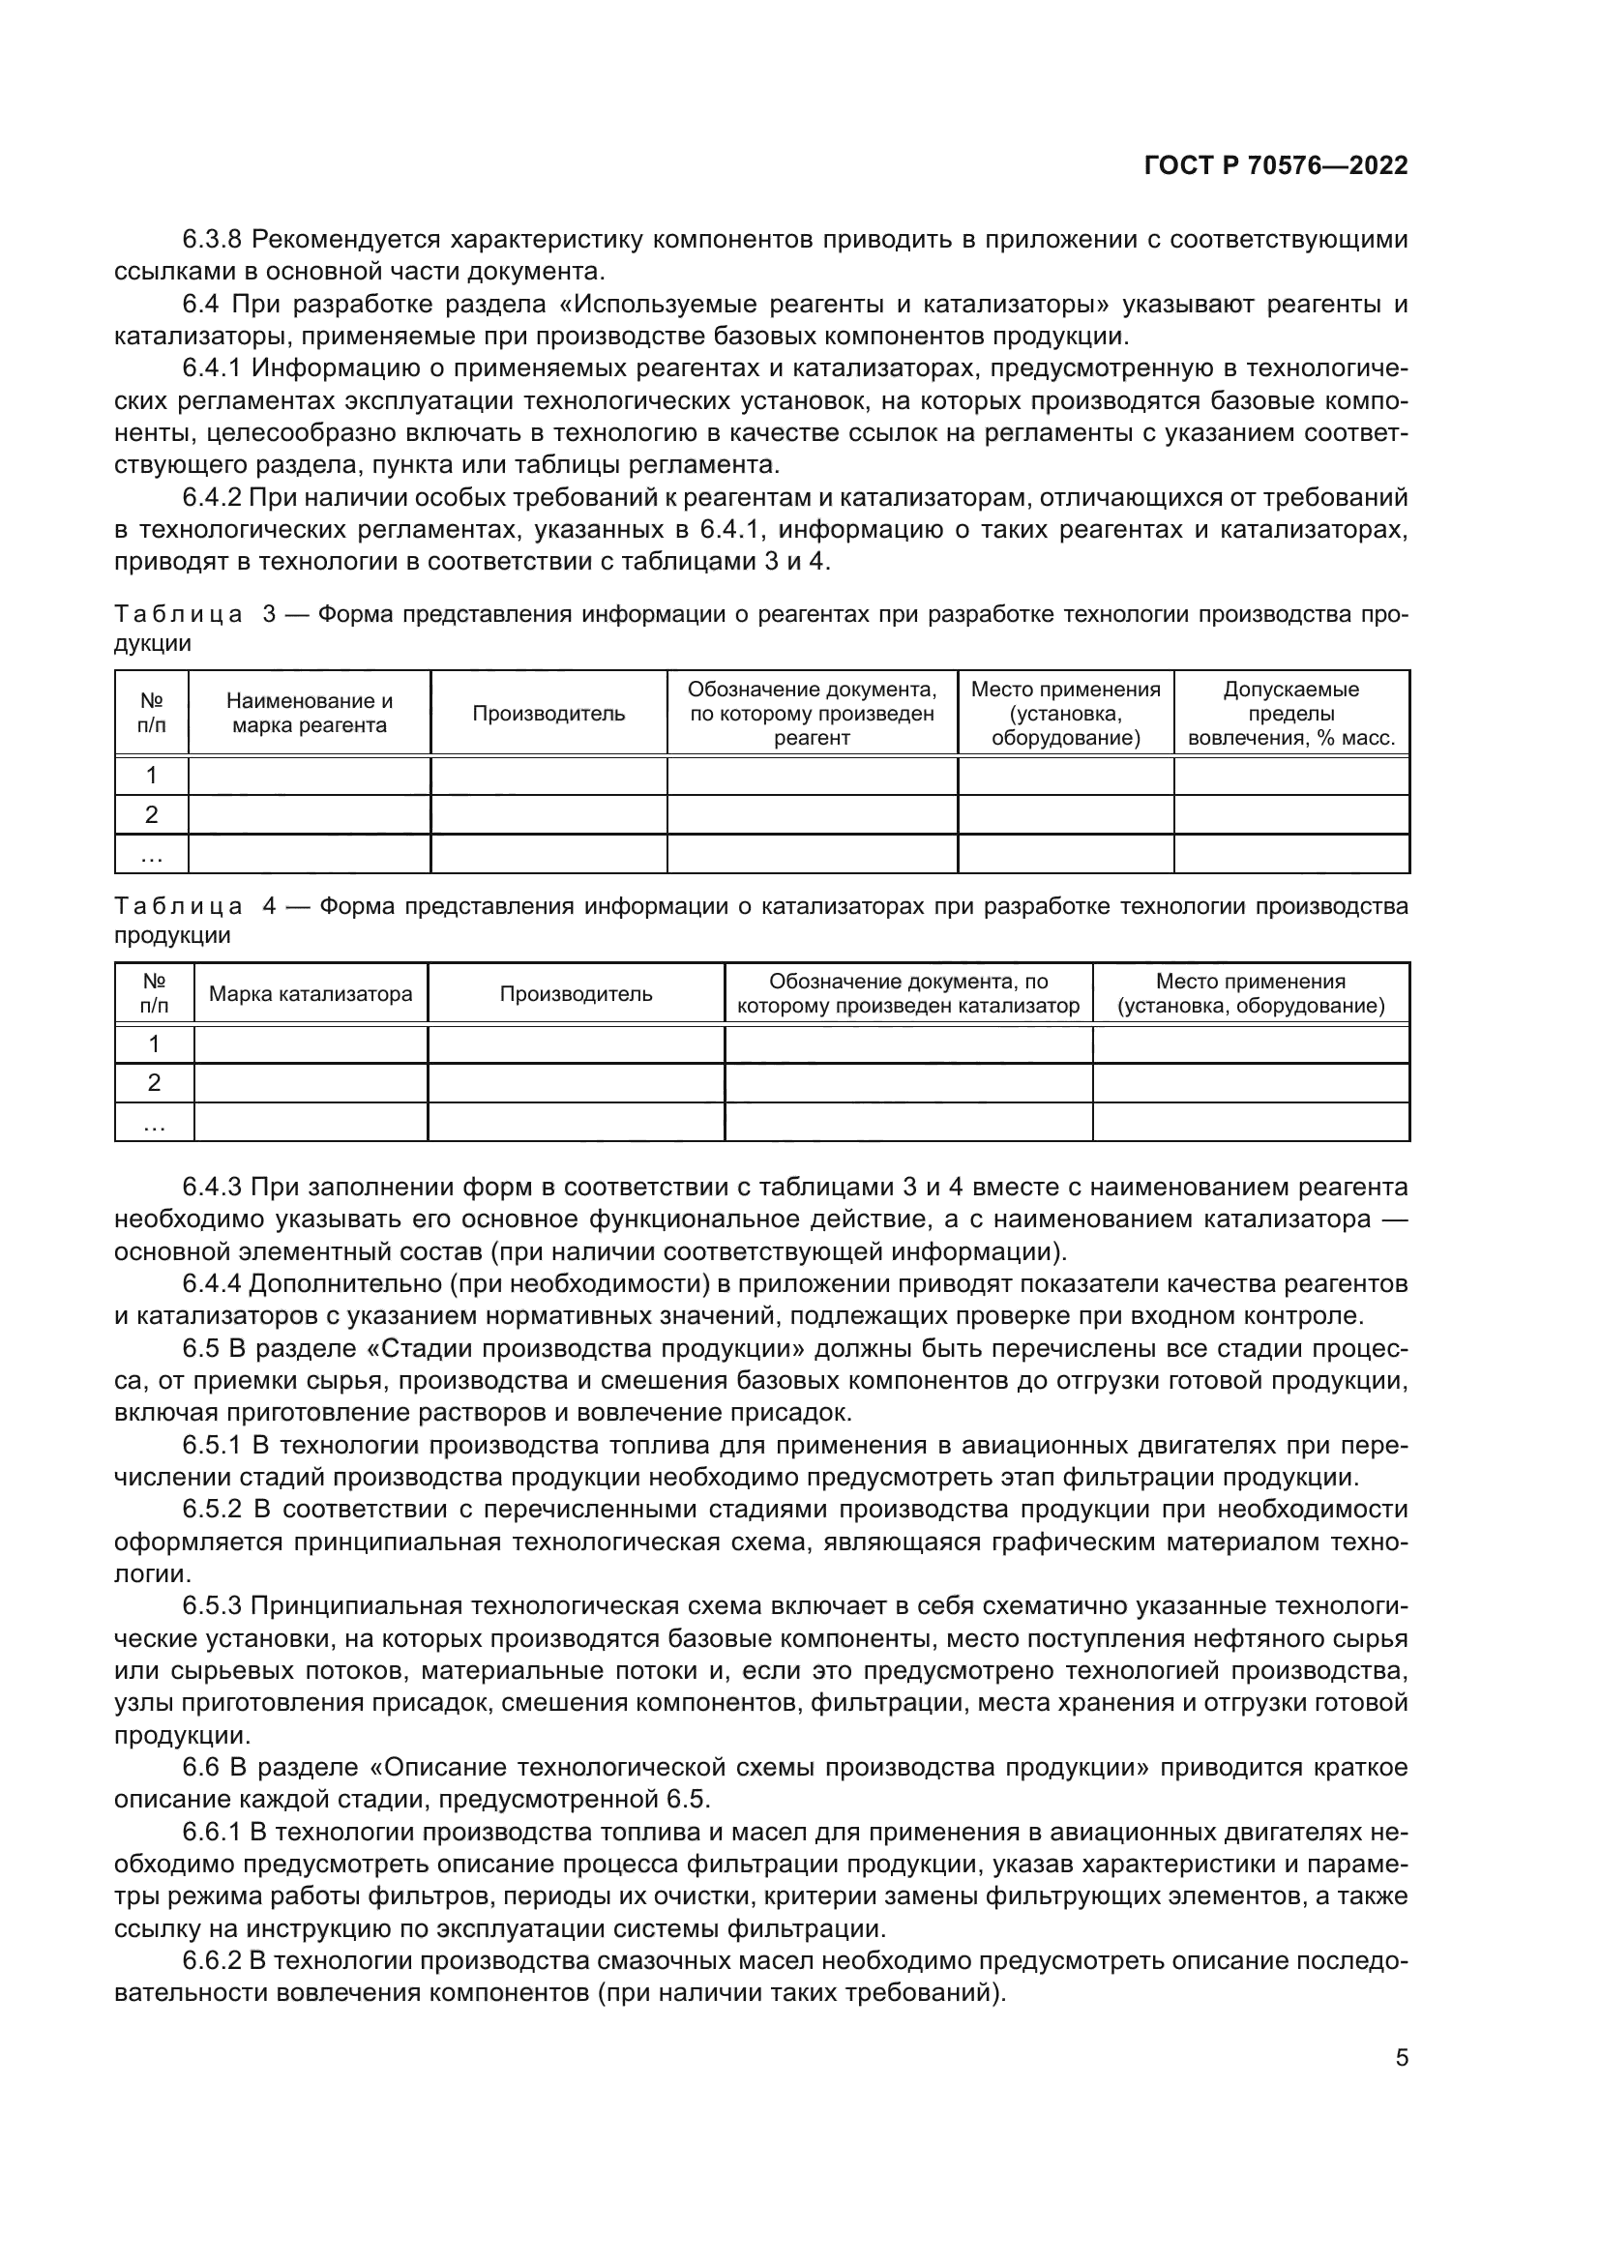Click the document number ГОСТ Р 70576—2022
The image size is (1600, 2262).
point(1275,165)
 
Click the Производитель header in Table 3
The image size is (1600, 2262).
point(548,714)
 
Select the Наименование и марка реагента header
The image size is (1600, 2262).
point(310,714)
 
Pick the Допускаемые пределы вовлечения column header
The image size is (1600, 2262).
point(1290,714)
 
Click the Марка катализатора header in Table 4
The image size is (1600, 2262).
point(311,993)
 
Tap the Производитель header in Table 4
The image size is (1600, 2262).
point(576,993)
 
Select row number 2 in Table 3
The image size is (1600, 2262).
point(152,814)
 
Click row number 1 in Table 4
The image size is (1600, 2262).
point(154,1043)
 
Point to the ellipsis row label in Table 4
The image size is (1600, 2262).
point(154,1122)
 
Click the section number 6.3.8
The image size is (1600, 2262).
point(213,240)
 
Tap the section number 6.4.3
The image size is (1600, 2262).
point(213,1187)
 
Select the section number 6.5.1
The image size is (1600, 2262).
point(213,1444)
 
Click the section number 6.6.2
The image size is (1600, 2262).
point(213,1960)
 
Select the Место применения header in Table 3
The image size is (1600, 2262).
point(1065,714)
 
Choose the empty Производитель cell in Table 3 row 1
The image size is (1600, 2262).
point(548,776)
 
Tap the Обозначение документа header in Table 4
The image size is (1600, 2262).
point(907,993)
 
